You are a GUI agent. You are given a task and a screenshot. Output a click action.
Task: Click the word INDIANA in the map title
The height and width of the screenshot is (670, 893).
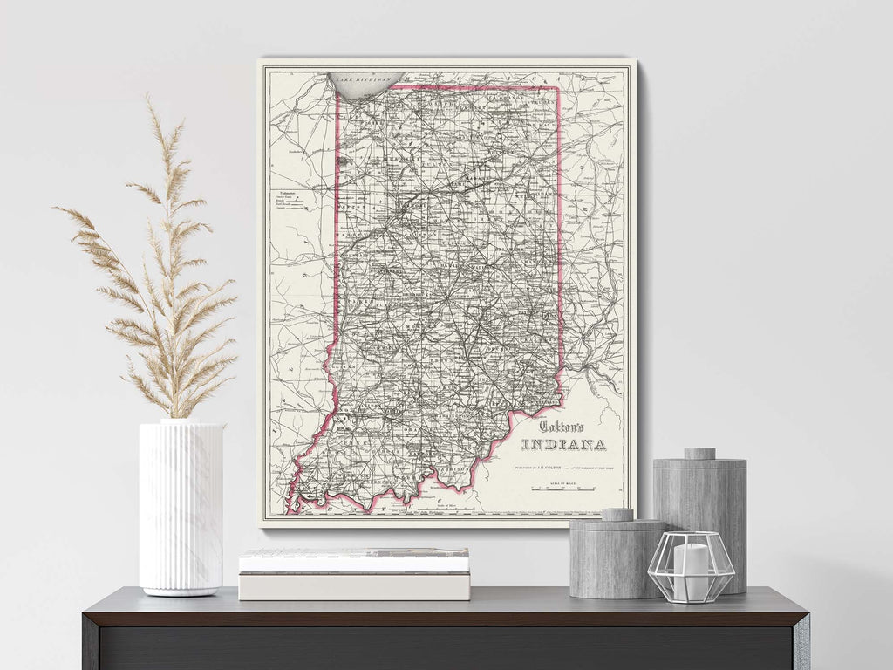(564, 446)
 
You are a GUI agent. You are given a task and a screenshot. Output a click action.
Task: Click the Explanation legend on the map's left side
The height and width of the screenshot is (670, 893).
(289, 201)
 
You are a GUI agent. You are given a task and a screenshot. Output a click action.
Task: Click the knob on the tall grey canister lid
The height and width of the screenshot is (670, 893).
(699, 454)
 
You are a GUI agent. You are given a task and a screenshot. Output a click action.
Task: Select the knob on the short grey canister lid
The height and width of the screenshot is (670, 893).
(617, 515)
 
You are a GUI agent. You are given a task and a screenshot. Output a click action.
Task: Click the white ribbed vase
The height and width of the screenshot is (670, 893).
(181, 506)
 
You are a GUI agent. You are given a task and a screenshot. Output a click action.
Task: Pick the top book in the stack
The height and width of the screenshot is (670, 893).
(354, 560)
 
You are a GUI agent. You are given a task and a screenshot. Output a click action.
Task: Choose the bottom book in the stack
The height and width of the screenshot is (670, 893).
(354, 586)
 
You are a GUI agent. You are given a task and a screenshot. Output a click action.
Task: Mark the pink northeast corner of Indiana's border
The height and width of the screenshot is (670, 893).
(558, 87)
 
